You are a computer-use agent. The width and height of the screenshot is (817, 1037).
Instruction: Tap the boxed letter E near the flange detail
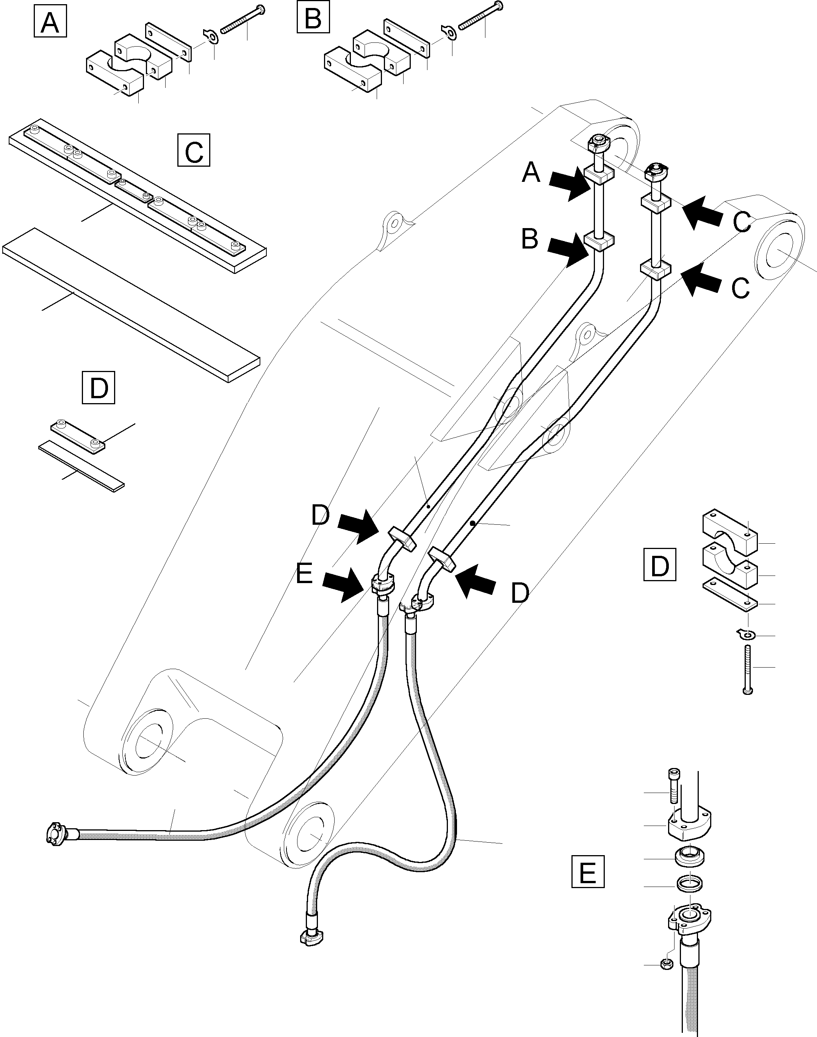[x=588, y=871]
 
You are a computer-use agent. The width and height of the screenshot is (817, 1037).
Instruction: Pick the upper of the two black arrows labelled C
[x=702, y=213]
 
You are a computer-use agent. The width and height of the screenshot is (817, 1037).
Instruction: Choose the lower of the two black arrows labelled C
[x=702, y=280]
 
